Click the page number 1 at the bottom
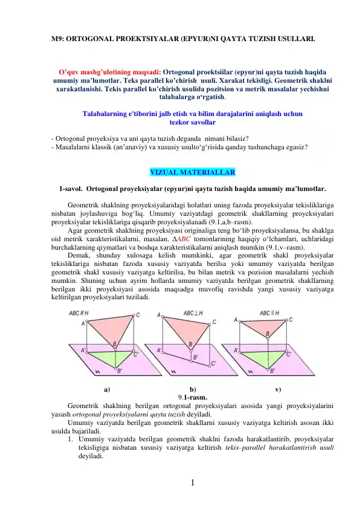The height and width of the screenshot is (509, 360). pos(191,482)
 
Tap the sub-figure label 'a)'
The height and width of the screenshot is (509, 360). pos(107,389)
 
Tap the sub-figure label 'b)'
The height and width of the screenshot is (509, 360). pos(193,389)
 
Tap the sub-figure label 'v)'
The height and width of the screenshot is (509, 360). pos(277,389)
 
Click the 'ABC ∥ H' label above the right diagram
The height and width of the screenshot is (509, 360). pos(271,313)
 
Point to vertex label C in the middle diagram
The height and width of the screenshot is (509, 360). pos(214,323)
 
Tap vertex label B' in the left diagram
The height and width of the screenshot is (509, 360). pos(119,371)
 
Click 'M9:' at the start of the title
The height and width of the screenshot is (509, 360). pos(57,37)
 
